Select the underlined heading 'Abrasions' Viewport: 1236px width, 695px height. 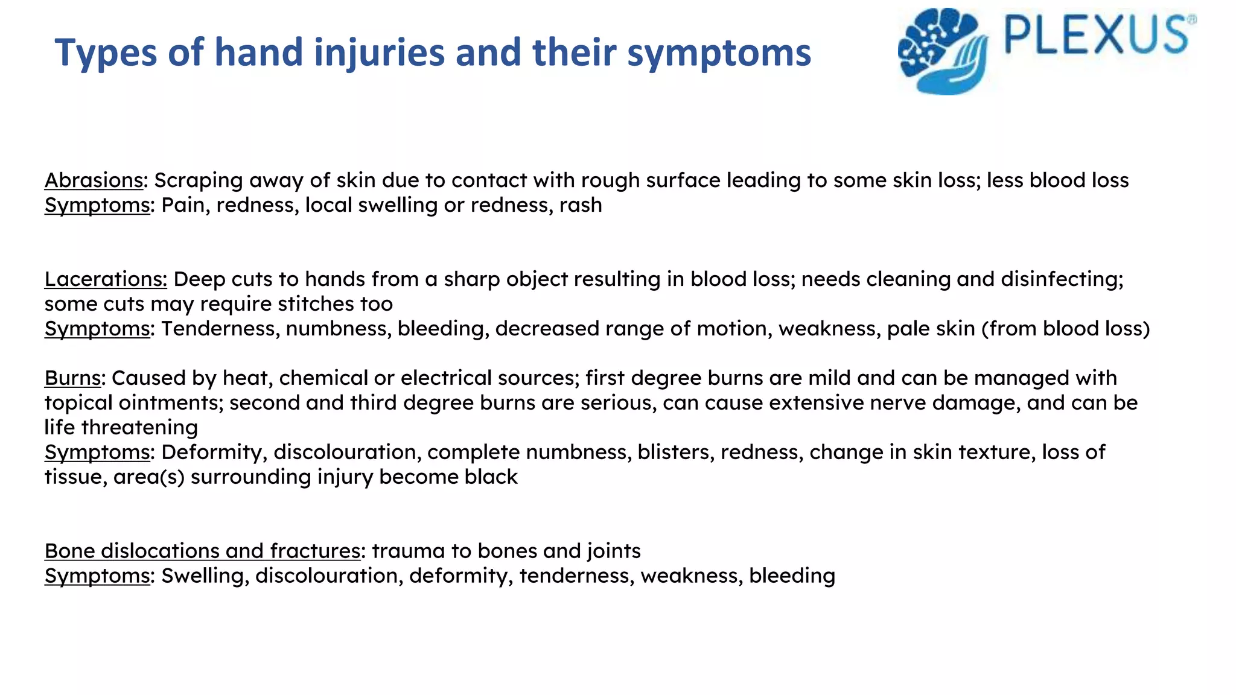[94, 180]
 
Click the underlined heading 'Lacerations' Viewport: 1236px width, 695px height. [106, 279]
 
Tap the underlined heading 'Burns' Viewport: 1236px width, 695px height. [72, 378]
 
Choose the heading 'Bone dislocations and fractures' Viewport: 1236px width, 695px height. [202, 551]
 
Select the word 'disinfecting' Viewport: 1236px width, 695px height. [1062, 279]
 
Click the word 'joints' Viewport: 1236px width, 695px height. [613, 551]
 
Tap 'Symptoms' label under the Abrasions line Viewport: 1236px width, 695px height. [97, 206]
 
